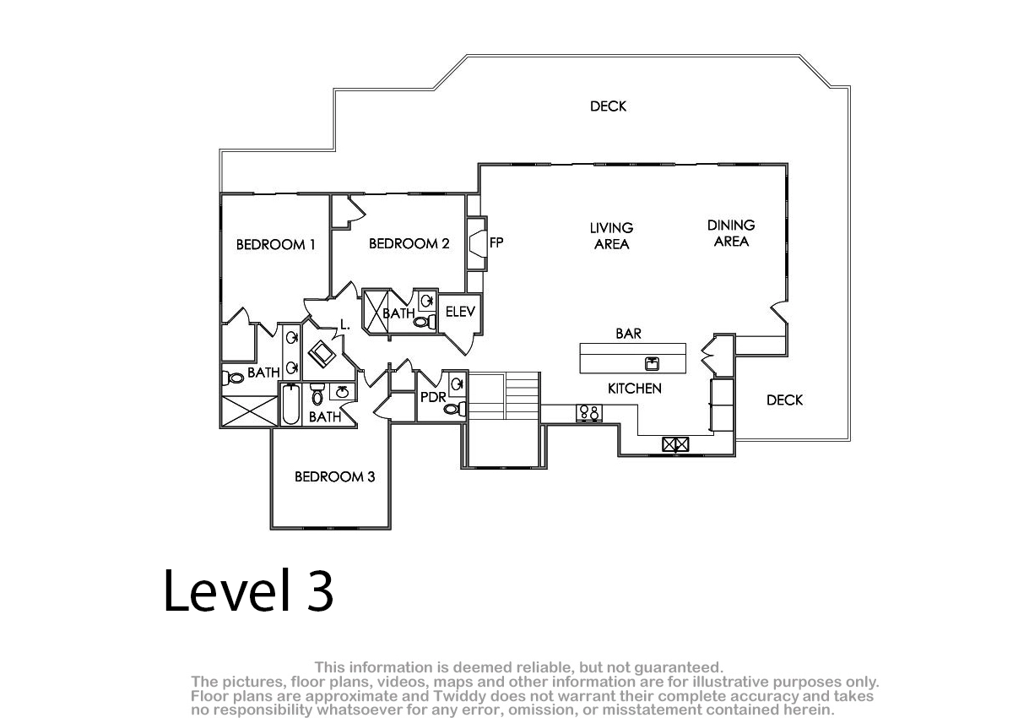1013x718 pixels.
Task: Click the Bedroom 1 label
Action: [x=275, y=245]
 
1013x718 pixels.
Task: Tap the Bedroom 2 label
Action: [x=409, y=244]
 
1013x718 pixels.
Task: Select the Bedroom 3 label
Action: [x=334, y=476]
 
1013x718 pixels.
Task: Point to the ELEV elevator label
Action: [x=460, y=312]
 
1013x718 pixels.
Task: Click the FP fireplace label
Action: [x=496, y=243]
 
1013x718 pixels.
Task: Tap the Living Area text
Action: [x=611, y=236]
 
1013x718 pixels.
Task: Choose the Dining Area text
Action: [x=731, y=233]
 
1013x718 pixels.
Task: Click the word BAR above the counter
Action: [x=628, y=334]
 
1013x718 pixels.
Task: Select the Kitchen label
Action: [x=635, y=389]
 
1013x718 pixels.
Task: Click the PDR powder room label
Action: [x=433, y=397]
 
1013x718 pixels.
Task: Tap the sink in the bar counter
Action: [x=652, y=364]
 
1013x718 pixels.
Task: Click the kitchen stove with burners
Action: [x=589, y=413]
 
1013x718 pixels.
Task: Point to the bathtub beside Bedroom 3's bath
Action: [x=290, y=404]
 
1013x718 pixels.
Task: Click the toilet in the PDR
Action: [x=454, y=409]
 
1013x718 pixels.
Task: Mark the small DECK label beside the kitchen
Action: [x=784, y=400]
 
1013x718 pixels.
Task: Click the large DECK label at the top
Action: [x=609, y=106]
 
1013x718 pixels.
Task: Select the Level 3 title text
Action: [x=248, y=590]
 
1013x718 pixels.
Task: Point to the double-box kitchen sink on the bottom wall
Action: [x=675, y=444]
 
